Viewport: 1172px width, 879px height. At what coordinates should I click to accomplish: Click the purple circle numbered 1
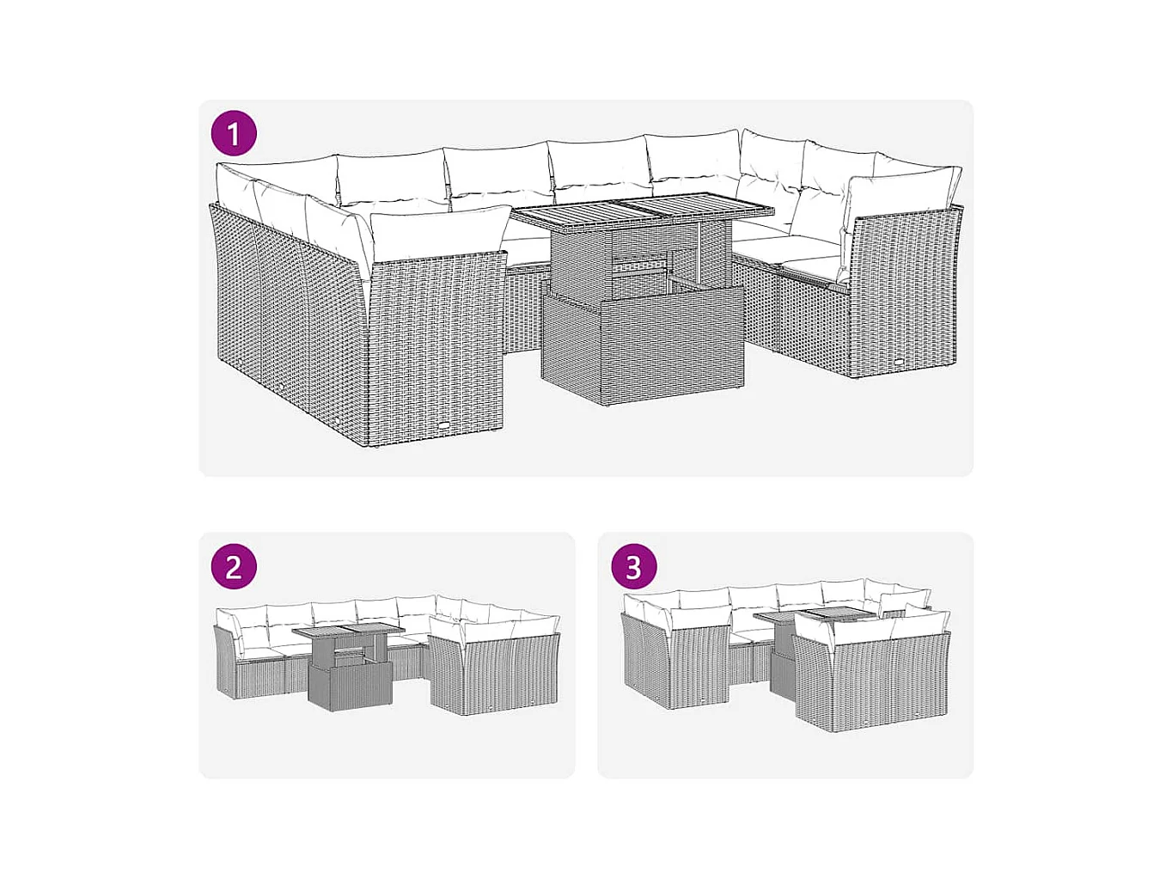[x=234, y=133]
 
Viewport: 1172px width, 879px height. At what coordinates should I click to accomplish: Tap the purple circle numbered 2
[x=234, y=567]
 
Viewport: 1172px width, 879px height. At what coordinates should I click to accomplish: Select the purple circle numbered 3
[x=633, y=567]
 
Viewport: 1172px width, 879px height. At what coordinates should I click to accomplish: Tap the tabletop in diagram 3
[x=815, y=614]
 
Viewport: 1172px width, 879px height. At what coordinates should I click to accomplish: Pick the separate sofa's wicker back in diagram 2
[x=497, y=674]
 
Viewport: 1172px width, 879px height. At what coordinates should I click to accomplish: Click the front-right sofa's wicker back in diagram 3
[x=872, y=684]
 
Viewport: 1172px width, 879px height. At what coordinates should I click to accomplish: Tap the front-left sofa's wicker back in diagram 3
[x=699, y=668]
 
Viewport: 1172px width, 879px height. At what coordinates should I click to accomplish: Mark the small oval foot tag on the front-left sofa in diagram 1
[x=444, y=426]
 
